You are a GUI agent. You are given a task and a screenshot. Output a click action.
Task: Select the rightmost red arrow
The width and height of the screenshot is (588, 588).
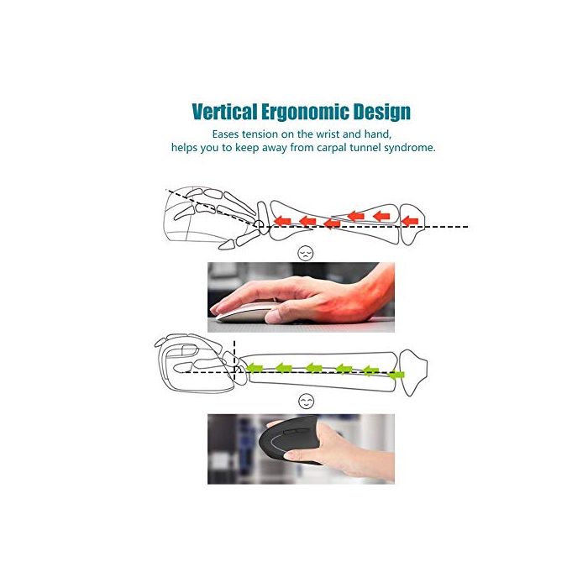(x=409, y=221)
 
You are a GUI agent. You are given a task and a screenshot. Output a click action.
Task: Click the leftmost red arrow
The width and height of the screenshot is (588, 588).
(x=283, y=221)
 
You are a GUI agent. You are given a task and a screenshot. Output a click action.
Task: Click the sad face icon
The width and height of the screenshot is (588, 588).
(x=305, y=252)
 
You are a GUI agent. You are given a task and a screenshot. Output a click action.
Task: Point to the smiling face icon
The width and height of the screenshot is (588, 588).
(x=306, y=401)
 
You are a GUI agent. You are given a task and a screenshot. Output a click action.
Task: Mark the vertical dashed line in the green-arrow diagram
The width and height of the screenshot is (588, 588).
(x=234, y=357)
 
